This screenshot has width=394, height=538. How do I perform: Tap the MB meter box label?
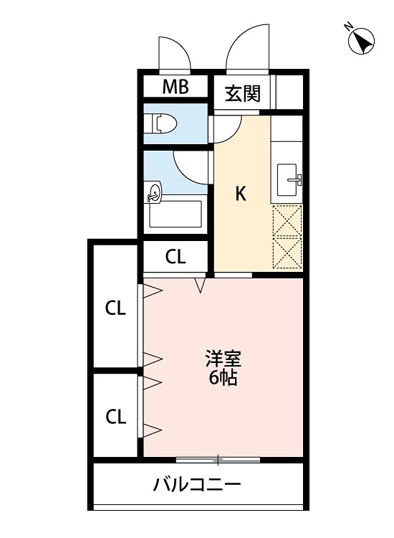(175, 88)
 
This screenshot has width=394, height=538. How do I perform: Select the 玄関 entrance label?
(242, 93)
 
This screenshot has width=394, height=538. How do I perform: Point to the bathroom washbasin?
(154, 192)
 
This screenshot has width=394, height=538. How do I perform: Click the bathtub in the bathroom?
(176, 214)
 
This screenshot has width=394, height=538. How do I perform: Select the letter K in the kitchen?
(241, 193)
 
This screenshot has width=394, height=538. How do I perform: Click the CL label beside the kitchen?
(176, 257)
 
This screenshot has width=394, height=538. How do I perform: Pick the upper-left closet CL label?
(115, 308)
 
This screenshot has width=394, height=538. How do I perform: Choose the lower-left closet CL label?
(115, 416)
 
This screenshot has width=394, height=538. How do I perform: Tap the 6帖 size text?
(223, 379)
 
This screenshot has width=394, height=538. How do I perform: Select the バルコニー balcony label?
(197, 485)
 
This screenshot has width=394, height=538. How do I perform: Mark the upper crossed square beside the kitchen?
(288, 220)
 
